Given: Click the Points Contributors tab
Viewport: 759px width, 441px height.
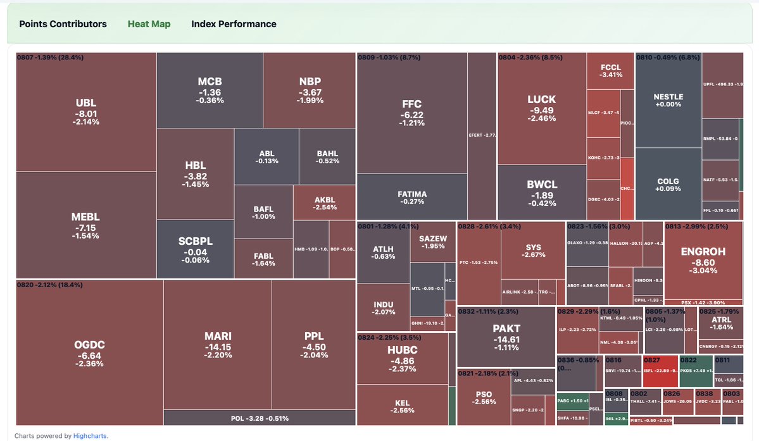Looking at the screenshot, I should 63,24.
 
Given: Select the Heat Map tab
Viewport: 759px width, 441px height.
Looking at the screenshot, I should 149,24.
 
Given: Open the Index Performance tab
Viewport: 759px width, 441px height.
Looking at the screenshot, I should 234,24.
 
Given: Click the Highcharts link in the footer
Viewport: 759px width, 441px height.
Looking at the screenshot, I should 90,435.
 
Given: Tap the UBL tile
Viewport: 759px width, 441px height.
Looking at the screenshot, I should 86,111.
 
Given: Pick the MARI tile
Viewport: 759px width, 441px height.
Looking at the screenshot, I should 218,345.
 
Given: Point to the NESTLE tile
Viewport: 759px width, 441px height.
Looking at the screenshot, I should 668,100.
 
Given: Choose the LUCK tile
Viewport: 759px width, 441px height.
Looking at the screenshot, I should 541,108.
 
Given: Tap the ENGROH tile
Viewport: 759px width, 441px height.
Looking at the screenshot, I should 703,260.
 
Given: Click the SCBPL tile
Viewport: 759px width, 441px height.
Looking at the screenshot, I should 195,250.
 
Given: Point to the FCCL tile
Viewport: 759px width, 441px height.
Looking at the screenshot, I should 610,71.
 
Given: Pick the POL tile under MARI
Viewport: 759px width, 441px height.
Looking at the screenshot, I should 258,418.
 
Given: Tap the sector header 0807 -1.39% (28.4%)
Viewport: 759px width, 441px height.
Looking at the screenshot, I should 50,57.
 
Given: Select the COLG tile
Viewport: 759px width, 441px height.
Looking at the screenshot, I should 668,185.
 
